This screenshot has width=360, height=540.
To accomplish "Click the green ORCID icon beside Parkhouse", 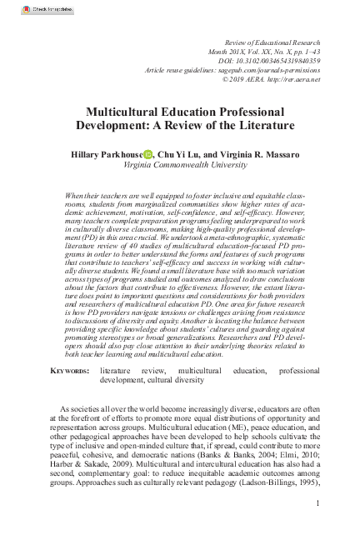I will point(147,154).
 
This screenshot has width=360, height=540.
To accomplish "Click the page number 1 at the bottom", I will point(319,503).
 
